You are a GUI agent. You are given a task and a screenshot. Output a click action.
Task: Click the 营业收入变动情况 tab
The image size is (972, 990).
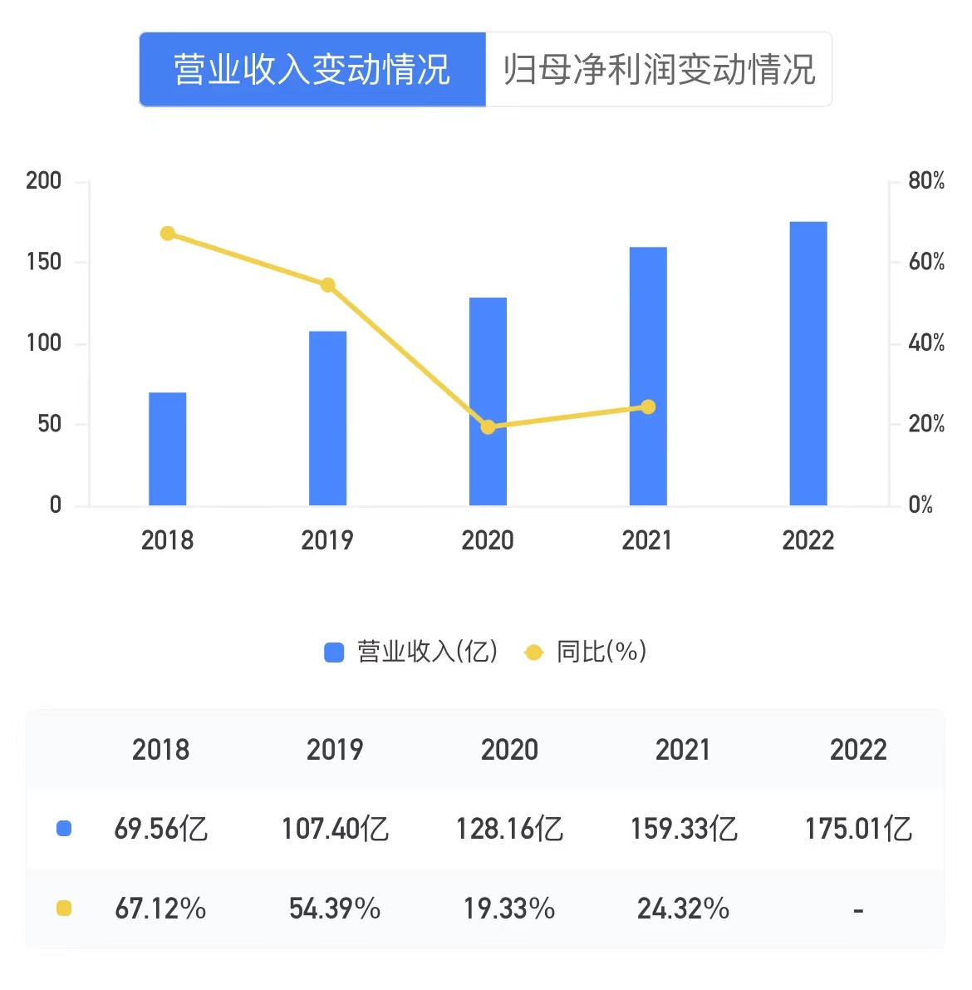point(312,70)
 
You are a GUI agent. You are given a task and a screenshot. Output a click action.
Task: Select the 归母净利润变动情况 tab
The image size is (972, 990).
point(659,70)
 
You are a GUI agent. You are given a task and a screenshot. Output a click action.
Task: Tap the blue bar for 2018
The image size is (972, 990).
point(168,449)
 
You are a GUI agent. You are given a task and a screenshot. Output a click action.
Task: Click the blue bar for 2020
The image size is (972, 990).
point(488,401)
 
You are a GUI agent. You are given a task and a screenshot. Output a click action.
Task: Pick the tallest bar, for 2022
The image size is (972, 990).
point(808,363)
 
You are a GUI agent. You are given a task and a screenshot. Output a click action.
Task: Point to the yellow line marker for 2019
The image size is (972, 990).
point(327,285)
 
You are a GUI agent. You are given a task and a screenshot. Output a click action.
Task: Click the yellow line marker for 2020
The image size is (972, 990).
point(488,427)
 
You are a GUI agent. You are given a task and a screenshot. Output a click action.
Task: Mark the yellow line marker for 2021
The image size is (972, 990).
point(648,406)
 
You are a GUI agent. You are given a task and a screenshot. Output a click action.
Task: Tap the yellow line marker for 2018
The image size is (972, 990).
point(168,234)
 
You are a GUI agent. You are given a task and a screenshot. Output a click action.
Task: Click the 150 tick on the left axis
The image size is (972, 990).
point(44,262)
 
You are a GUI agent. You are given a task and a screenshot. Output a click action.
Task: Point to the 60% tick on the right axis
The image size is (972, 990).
point(926,262)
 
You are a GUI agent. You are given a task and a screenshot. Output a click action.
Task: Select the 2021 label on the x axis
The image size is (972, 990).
point(647,540)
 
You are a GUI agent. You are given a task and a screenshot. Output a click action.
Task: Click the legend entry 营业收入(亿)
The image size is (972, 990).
point(412,652)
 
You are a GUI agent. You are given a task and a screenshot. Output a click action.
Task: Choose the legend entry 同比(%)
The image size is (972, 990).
point(587,652)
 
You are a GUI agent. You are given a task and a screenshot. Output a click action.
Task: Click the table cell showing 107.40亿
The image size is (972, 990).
point(335,829)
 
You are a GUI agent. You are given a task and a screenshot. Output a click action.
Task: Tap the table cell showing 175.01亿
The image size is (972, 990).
point(858,829)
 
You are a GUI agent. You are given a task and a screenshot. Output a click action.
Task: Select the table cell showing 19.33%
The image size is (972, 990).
point(509,909)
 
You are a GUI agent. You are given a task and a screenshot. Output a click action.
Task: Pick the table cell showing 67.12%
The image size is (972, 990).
point(160,909)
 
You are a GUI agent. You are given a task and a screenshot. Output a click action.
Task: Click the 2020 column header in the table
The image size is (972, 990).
point(509,750)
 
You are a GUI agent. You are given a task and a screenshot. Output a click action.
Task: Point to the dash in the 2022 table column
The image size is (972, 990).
point(858,911)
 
